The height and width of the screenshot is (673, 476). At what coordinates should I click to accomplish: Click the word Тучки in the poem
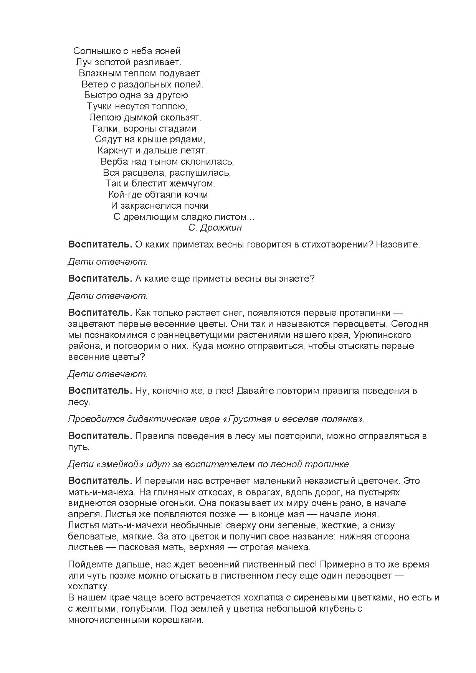pyautogui.click(x=99, y=106)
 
